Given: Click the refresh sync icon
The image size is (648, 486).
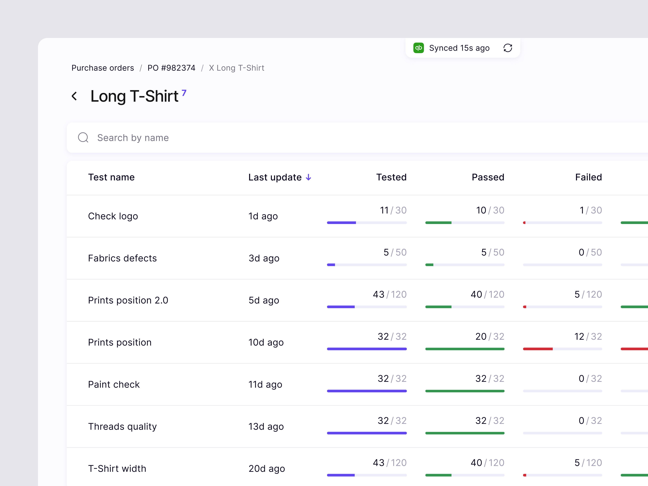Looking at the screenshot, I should [508, 48].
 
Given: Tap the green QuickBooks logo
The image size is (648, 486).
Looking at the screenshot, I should [418, 48].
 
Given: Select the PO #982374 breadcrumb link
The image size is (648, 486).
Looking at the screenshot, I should [171, 68].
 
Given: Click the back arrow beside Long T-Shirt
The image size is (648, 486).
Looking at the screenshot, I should [74, 96].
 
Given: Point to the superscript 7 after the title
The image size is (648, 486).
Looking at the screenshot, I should [184, 93].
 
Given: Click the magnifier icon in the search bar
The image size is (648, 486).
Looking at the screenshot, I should [83, 137].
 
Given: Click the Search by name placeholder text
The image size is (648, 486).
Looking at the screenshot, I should [133, 138].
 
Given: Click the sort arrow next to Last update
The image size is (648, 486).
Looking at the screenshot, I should [308, 178].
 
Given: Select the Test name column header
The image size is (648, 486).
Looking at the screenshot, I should [111, 177].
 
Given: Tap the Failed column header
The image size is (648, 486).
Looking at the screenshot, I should [588, 177].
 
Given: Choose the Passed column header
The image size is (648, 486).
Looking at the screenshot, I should [488, 177].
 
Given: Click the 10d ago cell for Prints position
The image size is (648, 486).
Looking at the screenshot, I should [266, 343].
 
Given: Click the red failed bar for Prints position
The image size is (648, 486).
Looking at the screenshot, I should [538, 349].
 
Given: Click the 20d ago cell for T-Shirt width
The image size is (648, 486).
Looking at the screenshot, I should [267, 469].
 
